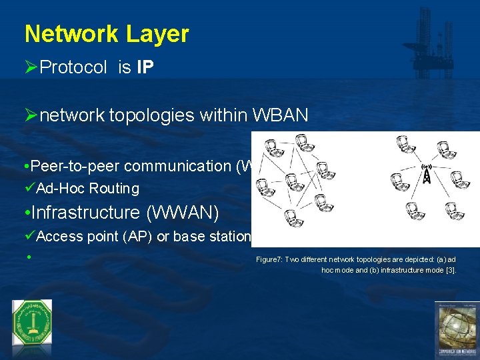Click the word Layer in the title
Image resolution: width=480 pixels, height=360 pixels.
point(163,34)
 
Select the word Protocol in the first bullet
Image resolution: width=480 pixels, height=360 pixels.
point(73,67)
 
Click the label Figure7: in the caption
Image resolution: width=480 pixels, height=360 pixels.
point(269,259)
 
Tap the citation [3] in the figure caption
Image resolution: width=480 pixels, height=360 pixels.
point(450,271)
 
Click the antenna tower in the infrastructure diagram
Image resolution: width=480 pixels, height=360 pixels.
point(425,174)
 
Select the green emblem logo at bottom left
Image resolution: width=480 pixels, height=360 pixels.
point(31,323)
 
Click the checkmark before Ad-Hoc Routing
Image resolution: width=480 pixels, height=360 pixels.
point(30,189)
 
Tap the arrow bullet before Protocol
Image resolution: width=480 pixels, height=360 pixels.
point(31,67)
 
